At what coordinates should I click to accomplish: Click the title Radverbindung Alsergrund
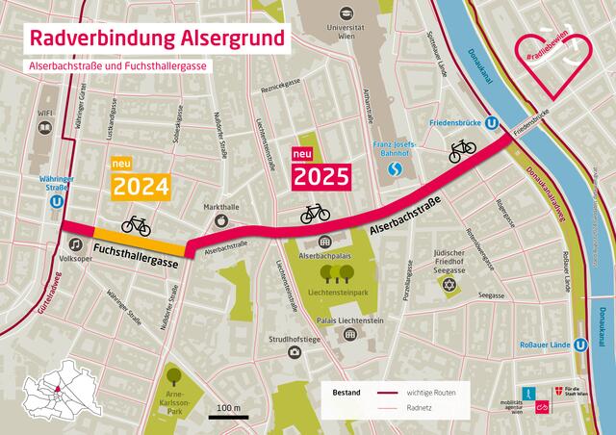click(x=158, y=39)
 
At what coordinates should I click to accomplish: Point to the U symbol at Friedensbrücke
click(x=492, y=123)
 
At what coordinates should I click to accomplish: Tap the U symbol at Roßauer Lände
click(x=581, y=345)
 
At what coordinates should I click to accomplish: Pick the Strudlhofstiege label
click(x=294, y=338)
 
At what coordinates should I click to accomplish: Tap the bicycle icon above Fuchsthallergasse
click(x=136, y=224)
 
